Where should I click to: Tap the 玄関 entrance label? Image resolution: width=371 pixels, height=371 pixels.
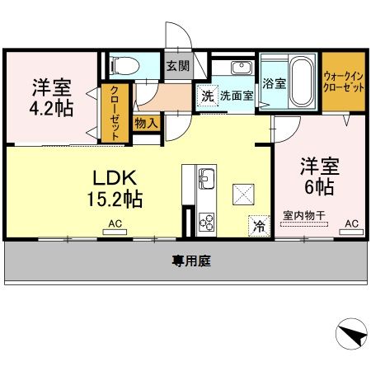click(176, 66)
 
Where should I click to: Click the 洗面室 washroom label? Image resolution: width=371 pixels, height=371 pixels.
click(237, 96)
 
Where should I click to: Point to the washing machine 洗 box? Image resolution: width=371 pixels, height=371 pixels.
click(207, 96)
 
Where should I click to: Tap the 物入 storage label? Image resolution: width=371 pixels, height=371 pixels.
click(148, 123)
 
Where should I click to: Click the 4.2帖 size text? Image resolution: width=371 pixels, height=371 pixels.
click(52, 109)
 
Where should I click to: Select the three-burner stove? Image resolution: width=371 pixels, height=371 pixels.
click(206, 221)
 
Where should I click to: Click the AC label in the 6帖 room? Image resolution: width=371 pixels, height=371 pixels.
click(351, 223)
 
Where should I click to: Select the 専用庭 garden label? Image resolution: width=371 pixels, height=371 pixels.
click(190, 261)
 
